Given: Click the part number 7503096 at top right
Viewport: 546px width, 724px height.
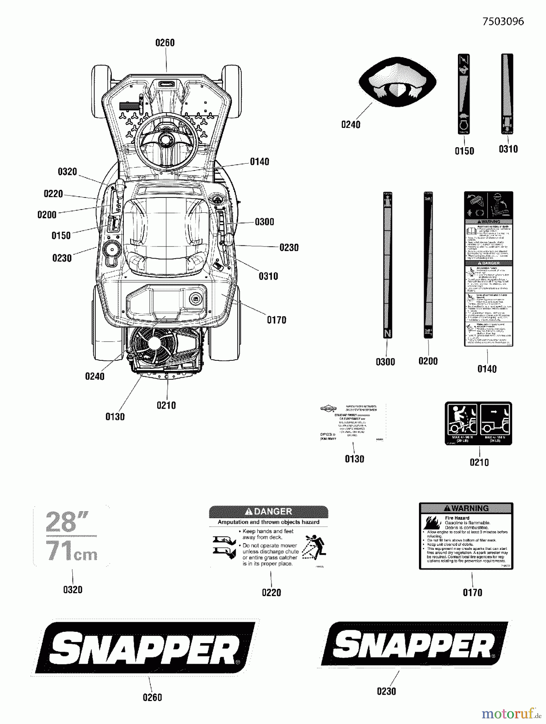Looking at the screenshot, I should click(503, 21).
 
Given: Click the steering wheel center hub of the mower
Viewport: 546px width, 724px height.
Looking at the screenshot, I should click(165, 139).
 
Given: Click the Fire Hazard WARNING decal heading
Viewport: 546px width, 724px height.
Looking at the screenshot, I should click(466, 508).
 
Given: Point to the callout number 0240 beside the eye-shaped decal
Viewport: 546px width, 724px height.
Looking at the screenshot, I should click(351, 125).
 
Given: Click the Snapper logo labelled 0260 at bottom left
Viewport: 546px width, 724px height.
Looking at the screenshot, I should click(145, 648).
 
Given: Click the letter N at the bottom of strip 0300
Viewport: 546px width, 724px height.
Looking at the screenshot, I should click(387, 333).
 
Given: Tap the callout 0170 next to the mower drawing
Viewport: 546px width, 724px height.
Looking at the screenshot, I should click(277, 320).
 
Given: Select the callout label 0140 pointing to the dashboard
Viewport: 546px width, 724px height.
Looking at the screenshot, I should click(259, 162).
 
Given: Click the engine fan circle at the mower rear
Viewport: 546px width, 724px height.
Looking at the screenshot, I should click(154, 343).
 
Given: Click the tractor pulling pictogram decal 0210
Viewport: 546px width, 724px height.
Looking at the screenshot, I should click(478, 423).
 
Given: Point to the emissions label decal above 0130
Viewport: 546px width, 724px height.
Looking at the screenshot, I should click(352, 422).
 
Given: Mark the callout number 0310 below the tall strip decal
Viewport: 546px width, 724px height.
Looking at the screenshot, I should click(508, 149).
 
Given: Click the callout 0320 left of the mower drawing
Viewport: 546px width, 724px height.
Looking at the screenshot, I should click(67, 172).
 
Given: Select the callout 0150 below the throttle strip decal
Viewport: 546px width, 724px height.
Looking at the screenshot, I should click(464, 151).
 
